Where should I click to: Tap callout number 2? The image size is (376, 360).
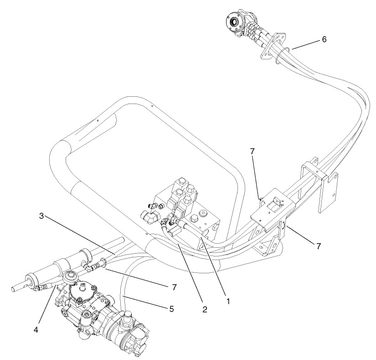tap(205, 309)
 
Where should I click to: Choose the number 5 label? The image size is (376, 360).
tap(171, 308)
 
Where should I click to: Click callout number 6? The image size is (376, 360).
tap(324, 39)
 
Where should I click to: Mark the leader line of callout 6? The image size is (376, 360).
tap(306, 44)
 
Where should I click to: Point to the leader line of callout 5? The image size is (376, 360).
tap(146, 303)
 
